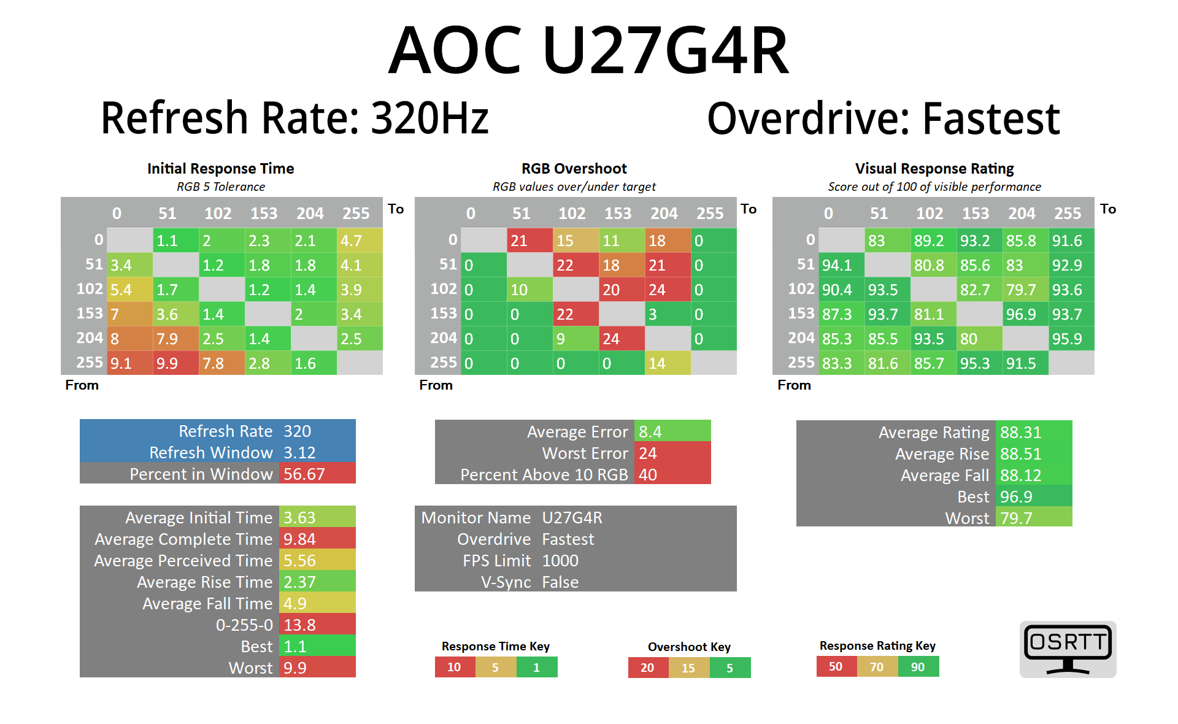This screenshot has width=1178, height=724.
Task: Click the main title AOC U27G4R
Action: pos(588,50)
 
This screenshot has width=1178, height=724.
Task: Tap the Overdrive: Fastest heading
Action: pos(883,118)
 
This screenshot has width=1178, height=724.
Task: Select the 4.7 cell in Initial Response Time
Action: pos(360,241)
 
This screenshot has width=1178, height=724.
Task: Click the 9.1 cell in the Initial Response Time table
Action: pos(129,363)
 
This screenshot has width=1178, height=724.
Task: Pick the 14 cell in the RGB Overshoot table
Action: pos(668,363)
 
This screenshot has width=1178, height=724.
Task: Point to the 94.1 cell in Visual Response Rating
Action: pos(841,265)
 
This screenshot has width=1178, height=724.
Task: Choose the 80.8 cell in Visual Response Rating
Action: pos(933,265)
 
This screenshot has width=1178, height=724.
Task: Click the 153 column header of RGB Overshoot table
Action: pos(617,214)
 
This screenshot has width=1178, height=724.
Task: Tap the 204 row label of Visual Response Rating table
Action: pos(801,338)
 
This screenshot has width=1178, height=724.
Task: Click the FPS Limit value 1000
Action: pos(560,560)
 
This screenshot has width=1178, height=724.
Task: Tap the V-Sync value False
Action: pos(560,582)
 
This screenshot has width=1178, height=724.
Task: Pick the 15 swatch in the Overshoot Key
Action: pos(688,668)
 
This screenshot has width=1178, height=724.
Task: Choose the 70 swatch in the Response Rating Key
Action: pos(877,666)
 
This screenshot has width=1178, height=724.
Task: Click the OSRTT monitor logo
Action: pos(1068,649)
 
